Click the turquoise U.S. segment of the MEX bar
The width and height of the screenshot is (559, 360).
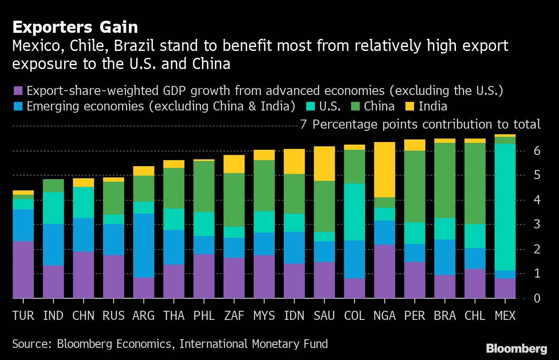pyautogui.click(x=505, y=207)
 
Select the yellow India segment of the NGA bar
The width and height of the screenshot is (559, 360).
pyautogui.click(x=385, y=170)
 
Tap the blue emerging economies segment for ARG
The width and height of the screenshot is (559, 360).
pyautogui.click(x=144, y=246)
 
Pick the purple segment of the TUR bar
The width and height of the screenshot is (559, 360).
pyautogui.click(x=23, y=270)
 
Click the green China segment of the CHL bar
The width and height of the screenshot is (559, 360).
pyautogui.click(x=475, y=183)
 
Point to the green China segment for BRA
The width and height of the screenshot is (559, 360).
pyautogui.click(x=445, y=180)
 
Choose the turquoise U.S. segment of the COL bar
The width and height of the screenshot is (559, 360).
pyautogui.click(x=355, y=212)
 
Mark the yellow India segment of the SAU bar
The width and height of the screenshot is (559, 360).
pyautogui.click(x=324, y=164)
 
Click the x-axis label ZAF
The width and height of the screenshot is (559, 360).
pyautogui.click(x=234, y=316)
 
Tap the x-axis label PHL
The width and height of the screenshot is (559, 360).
pyautogui.click(x=204, y=316)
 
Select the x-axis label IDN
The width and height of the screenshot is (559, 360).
pyautogui.click(x=294, y=316)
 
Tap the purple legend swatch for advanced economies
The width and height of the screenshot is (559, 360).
pyautogui.click(x=18, y=91)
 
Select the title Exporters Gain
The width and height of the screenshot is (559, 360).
pyautogui.click(x=75, y=27)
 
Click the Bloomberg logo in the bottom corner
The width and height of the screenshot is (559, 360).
pyautogui.click(x=516, y=349)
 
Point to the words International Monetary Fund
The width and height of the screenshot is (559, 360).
pyautogui.click(x=254, y=344)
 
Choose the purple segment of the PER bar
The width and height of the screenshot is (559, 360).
pyautogui.click(x=415, y=280)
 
